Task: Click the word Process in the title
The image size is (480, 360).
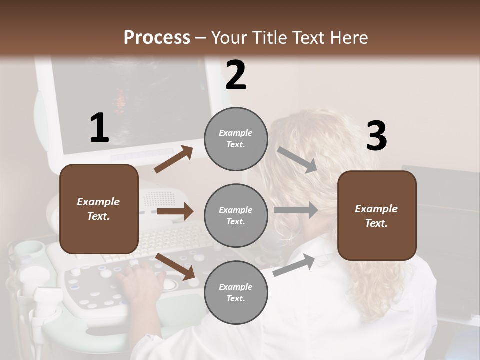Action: tap(157, 38)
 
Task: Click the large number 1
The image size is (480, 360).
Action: tap(99, 128)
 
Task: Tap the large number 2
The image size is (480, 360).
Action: tap(236, 75)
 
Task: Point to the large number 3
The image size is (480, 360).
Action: tap(376, 136)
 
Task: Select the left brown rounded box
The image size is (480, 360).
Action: tap(99, 209)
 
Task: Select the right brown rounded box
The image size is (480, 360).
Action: tap(377, 215)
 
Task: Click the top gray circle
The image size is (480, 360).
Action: tap(236, 139)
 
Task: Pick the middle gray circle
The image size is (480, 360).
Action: tap(236, 215)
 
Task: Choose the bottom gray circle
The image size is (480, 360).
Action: tap(236, 292)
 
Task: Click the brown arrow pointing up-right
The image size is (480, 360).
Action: tap(174, 159)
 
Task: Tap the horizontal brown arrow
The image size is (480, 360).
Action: tap(175, 212)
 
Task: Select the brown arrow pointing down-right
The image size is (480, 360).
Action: tap(175, 266)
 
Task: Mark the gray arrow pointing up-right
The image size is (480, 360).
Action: tap(294, 265)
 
